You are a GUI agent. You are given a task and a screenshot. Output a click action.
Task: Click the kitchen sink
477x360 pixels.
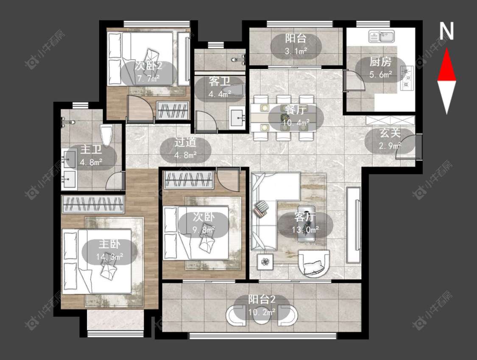click(x=382, y=36)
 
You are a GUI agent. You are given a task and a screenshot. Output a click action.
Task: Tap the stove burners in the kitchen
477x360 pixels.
click(x=407, y=78)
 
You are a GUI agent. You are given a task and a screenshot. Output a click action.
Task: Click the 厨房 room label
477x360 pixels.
click(x=380, y=62)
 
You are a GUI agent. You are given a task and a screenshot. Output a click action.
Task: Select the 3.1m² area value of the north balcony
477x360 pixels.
click(x=296, y=51)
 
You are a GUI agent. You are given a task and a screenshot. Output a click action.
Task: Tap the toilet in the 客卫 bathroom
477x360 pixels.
click(x=233, y=89)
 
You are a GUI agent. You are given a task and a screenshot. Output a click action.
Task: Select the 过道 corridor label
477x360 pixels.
click(x=185, y=142)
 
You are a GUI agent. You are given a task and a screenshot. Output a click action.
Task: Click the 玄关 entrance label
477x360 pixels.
click(x=390, y=133)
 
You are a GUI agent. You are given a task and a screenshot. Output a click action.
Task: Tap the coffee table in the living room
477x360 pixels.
click(x=306, y=223)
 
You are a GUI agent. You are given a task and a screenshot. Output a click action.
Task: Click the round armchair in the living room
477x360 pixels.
click(x=314, y=263)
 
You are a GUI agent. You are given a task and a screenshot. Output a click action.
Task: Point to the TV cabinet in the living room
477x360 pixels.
click(x=354, y=225)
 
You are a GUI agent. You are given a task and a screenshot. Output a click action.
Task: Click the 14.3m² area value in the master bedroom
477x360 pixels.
click(x=109, y=257)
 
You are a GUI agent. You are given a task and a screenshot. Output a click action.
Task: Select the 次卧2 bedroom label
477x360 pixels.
click(x=148, y=65)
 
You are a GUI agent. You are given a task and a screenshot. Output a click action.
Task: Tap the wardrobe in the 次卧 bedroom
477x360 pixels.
click(x=189, y=180)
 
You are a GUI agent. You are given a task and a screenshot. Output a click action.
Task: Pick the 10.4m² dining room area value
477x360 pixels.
click(x=296, y=123)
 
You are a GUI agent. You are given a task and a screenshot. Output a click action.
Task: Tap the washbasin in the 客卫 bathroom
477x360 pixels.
click(x=237, y=117)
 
